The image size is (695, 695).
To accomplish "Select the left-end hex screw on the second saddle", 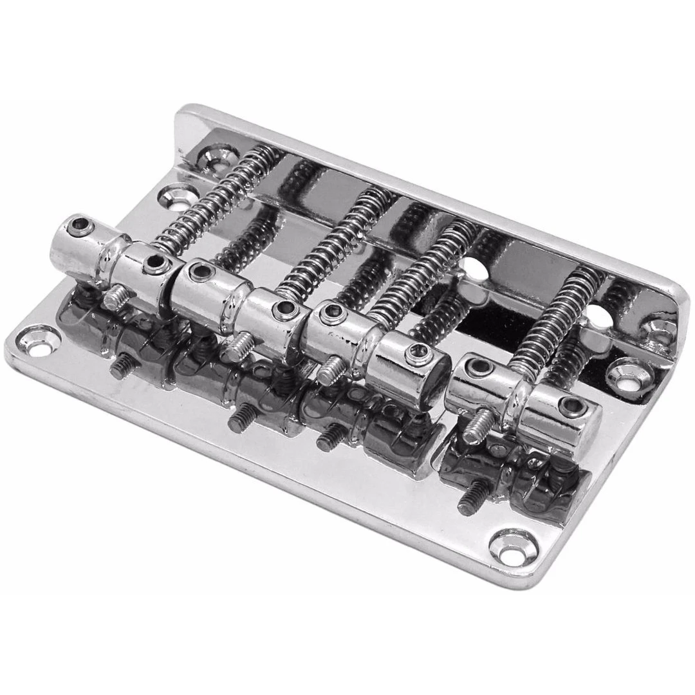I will coord(201,272).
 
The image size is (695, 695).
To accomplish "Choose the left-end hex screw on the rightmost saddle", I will coord(479,367).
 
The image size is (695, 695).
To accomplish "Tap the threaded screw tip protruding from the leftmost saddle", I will coord(116,297).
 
